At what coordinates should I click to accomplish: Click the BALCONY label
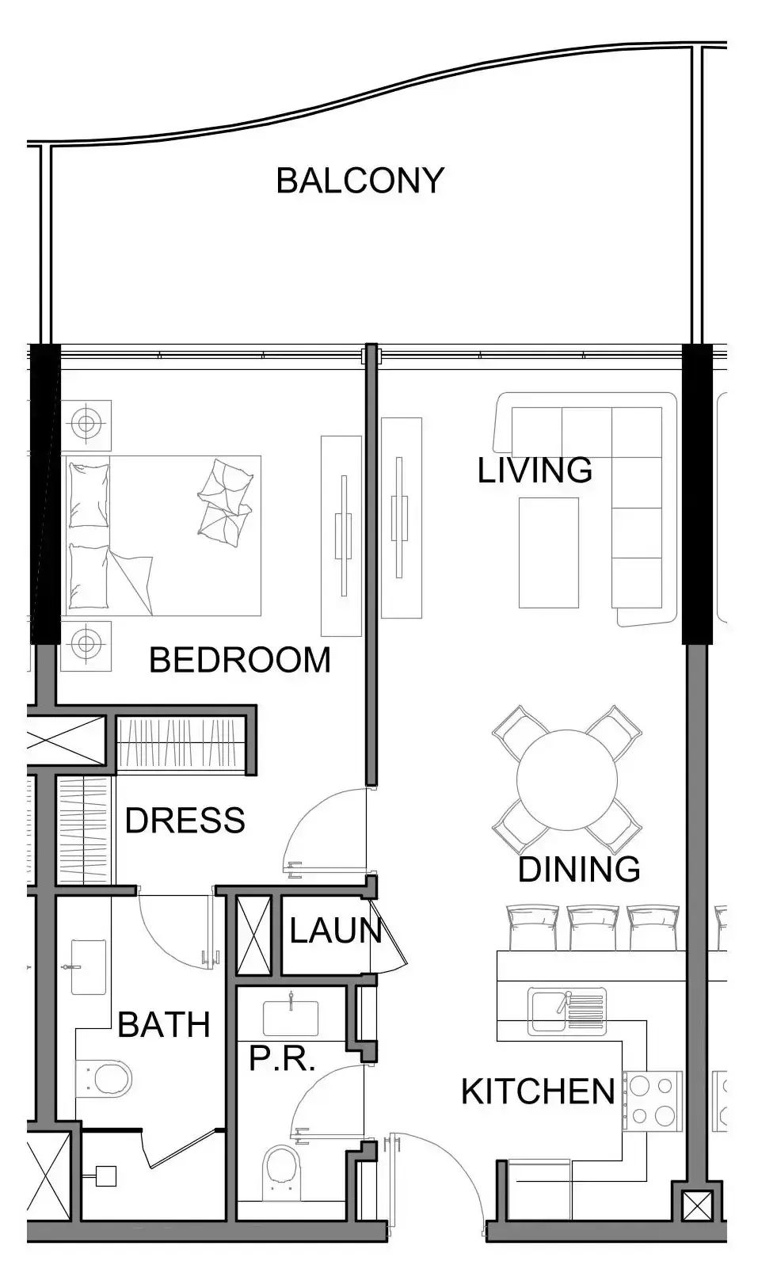[360, 181]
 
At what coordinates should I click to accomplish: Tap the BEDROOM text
[240, 660]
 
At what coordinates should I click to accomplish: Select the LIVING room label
[535, 470]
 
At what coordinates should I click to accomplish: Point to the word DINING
[579, 869]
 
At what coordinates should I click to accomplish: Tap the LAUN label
[336, 931]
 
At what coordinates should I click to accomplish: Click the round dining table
[566, 779]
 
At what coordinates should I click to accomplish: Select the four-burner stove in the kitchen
[653, 1101]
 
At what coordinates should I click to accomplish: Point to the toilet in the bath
[103, 1079]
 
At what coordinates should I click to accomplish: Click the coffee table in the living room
[548, 552]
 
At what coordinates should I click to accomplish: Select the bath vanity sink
[88, 967]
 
